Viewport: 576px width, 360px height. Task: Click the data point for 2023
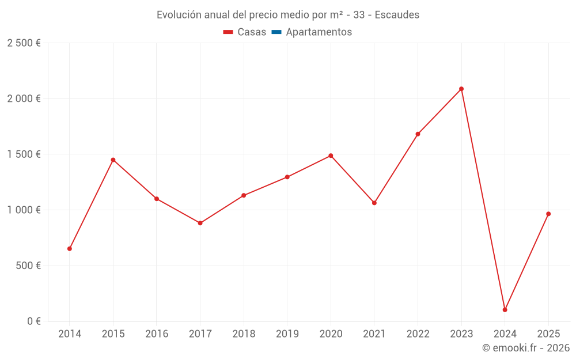pos(461,89)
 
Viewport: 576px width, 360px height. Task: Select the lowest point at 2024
pos(505,310)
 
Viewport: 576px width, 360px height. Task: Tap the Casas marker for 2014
pos(70,249)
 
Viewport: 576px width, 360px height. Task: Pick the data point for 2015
pos(113,160)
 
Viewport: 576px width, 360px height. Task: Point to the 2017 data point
pos(200,223)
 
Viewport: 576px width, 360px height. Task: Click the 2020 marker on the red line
pos(331,156)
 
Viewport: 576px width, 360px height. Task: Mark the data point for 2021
pos(374,203)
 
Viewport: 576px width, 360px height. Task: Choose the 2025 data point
pos(548,214)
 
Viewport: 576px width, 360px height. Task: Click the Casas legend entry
pos(245,32)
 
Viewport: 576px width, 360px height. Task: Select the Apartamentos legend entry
pos(312,32)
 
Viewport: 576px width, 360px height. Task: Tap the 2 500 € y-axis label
pos(24,43)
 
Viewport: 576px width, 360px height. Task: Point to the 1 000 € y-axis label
pos(24,210)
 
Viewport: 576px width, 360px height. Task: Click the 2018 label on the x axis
pos(244,334)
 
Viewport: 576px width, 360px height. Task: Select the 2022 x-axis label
pos(418,334)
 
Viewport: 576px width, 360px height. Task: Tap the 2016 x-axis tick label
pos(157,334)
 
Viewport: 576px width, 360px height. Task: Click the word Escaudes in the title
pos(397,14)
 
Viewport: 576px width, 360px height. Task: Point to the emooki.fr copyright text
pos(526,348)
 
